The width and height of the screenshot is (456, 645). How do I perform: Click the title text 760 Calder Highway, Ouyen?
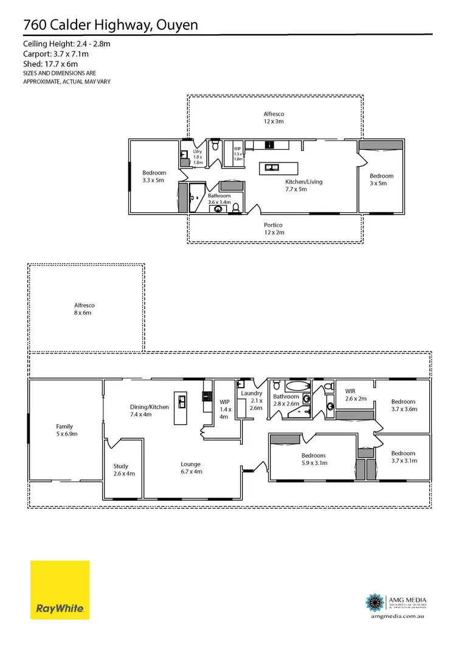(x=110, y=25)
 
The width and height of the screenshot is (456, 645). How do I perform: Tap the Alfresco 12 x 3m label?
(x=274, y=117)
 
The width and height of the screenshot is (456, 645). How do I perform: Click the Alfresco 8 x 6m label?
(x=85, y=309)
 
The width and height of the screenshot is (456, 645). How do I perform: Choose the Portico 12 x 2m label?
(x=273, y=228)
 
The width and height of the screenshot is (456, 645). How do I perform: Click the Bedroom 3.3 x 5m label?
(x=154, y=176)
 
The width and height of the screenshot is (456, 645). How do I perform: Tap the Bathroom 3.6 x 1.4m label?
(x=219, y=199)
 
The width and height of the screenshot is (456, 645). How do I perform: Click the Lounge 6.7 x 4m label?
(x=190, y=467)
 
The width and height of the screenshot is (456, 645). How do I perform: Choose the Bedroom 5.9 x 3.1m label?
(x=313, y=459)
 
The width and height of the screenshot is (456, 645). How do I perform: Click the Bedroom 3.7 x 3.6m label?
(x=403, y=405)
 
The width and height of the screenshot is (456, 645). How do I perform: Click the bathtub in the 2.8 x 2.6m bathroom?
(x=297, y=386)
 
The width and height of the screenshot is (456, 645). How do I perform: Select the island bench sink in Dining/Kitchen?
(x=181, y=401)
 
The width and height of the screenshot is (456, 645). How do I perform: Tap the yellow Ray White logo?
(x=60, y=590)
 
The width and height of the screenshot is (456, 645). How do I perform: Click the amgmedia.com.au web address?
(x=396, y=616)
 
